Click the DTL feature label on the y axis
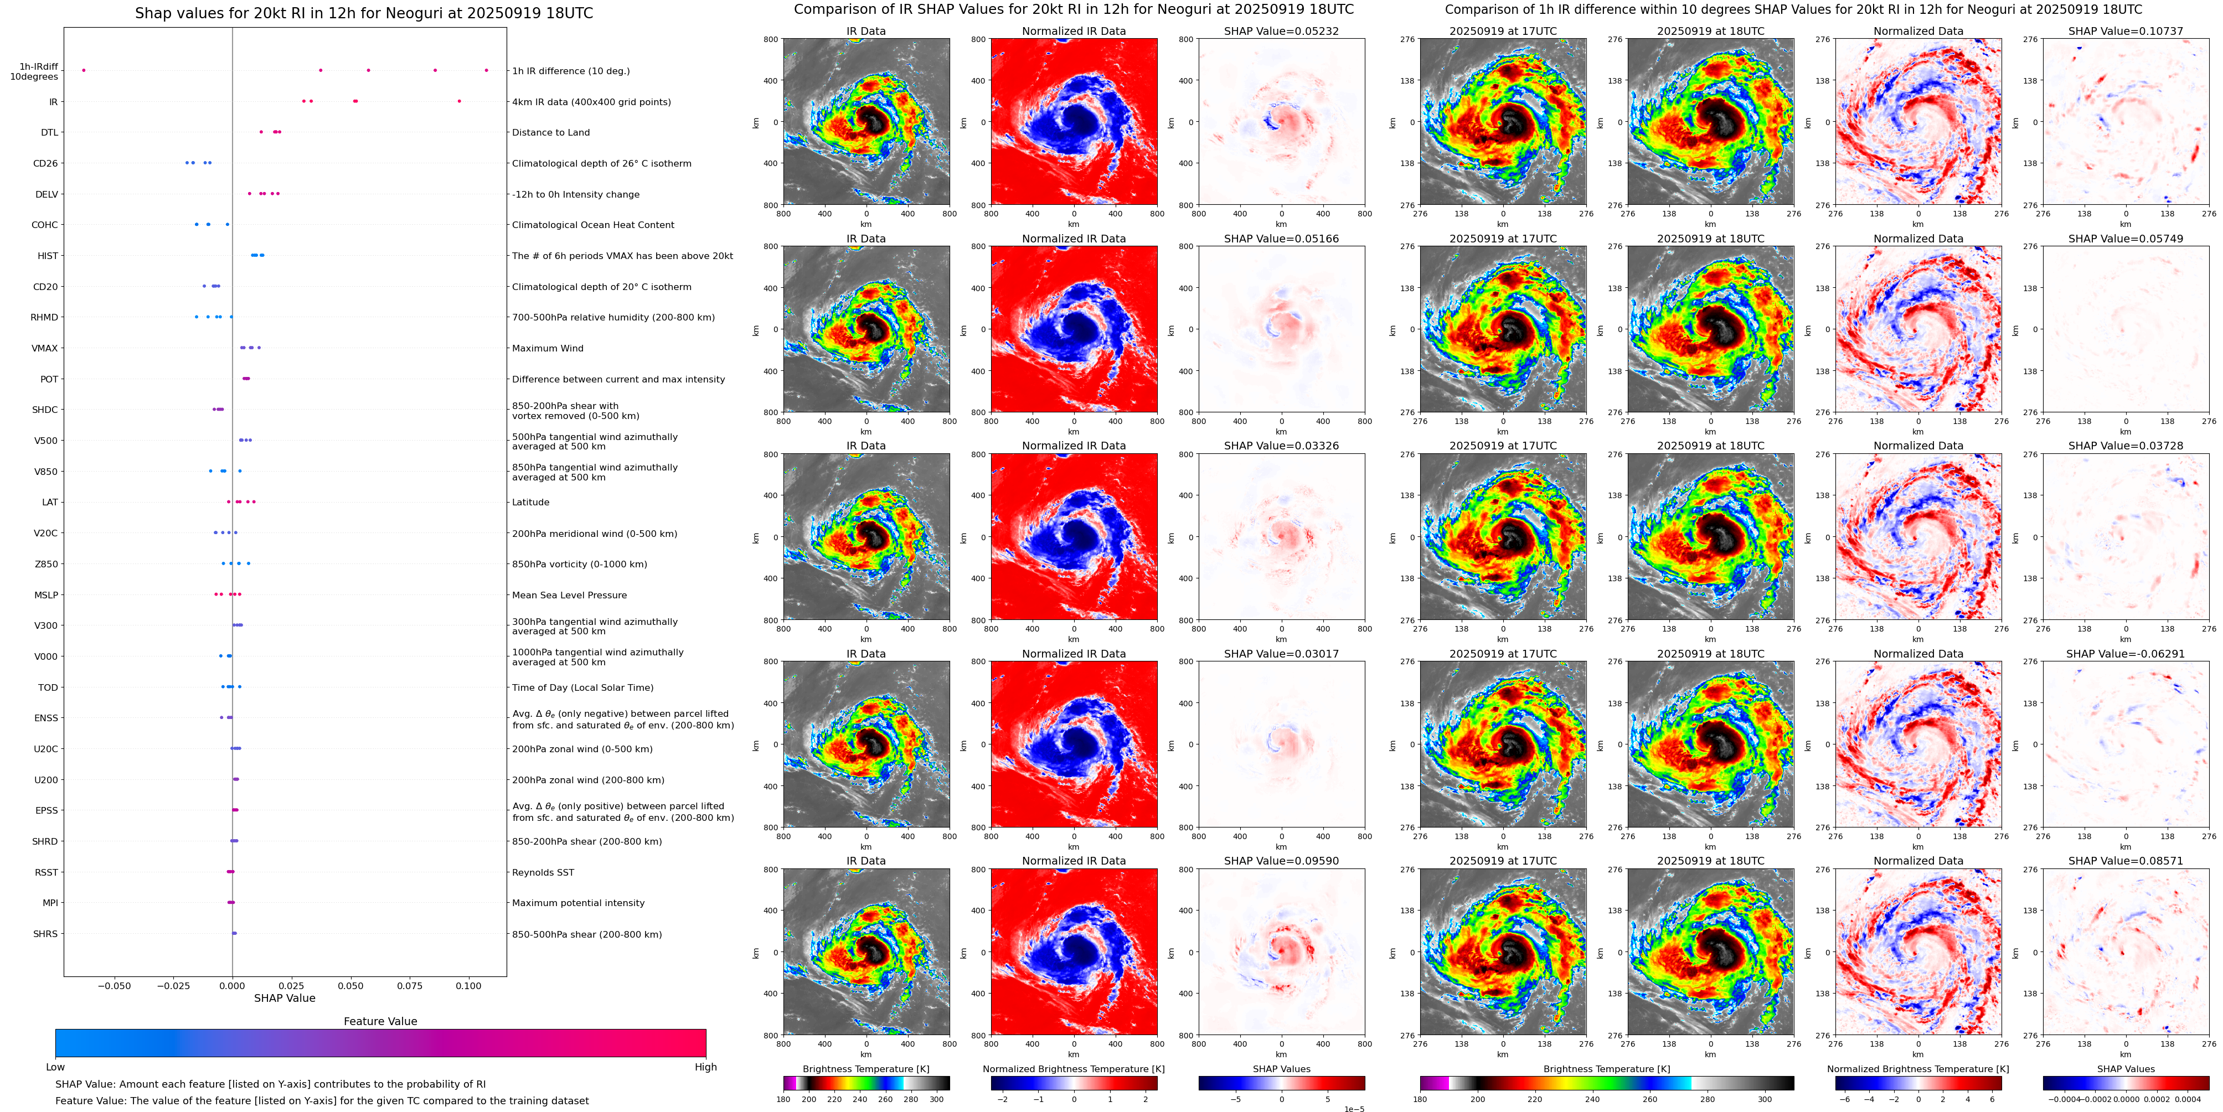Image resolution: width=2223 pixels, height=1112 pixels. [49, 133]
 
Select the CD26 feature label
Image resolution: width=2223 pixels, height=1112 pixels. [46, 164]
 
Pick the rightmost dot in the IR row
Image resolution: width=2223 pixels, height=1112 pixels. [459, 102]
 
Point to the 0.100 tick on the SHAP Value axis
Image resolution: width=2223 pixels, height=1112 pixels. [468, 986]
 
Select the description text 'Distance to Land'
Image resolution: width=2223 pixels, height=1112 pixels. [550, 133]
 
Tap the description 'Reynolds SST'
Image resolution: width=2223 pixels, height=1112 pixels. [543, 873]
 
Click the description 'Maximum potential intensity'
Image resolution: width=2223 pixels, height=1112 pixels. [578, 903]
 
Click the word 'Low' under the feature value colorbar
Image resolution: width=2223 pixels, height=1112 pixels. [55, 1067]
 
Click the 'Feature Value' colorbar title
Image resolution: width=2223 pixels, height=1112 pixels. [380, 1021]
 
